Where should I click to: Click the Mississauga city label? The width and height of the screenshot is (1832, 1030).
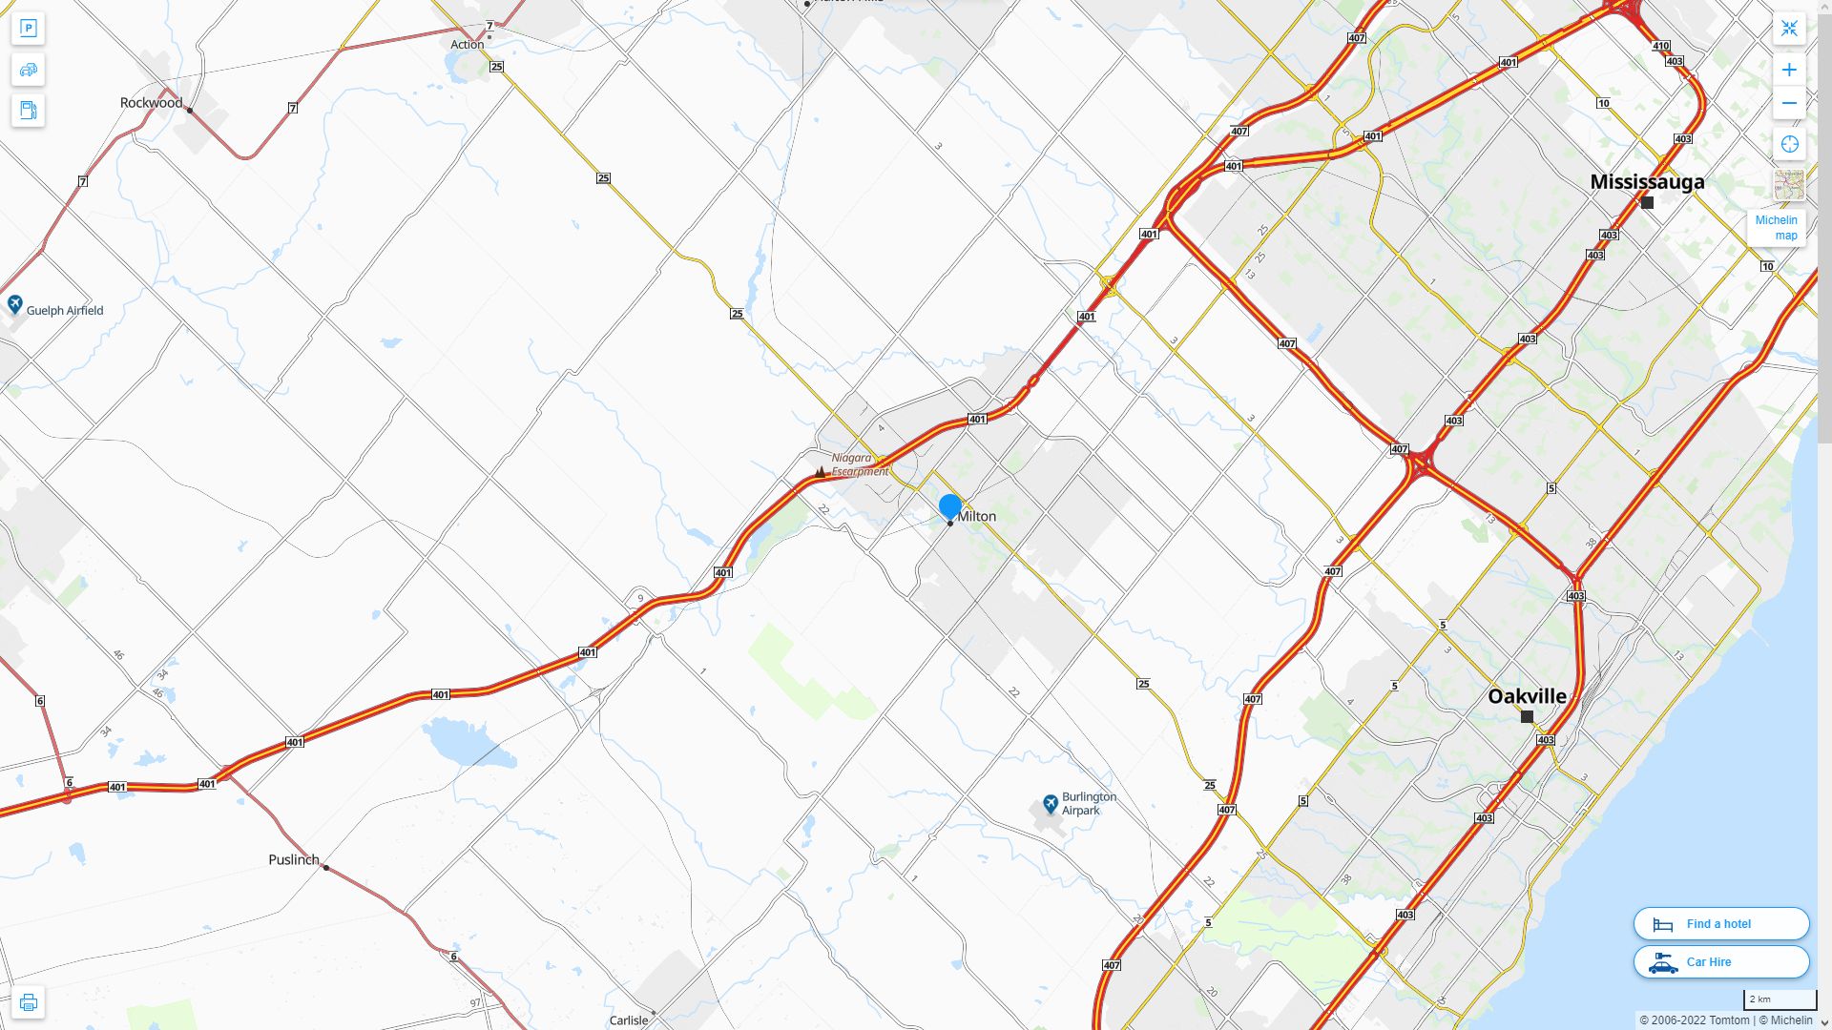click(x=1646, y=181)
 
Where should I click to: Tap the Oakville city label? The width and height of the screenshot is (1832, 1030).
click(x=1527, y=696)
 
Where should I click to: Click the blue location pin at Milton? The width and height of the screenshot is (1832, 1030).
click(x=949, y=506)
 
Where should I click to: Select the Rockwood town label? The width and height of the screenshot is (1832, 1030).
click(x=151, y=103)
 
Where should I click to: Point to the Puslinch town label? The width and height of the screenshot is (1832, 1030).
click(x=294, y=859)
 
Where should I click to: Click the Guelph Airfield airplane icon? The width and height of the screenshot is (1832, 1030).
click(x=15, y=304)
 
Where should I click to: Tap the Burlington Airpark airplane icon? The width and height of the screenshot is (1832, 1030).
click(x=1051, y=803)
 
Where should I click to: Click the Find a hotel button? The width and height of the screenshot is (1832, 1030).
click(x=1720, y=923)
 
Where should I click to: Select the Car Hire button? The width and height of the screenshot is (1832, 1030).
click(x=1720, y=961)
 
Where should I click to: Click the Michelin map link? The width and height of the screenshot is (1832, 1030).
click(x=1776, y=227)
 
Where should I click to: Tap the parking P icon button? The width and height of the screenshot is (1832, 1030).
click(x=28, y=29)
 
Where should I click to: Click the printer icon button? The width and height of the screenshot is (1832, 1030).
click(x=28, y=1002)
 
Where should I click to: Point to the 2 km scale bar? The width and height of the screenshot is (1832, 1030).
click(x=1779, y=999)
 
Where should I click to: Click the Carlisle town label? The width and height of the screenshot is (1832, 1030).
click(x=629, y=1020)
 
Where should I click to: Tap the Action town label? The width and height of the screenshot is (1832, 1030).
click(x=467, y=45)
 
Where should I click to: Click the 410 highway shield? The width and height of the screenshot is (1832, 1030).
click(x=1661, y=46)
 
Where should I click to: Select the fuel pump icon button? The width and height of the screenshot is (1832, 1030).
click(x=28, y=111)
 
